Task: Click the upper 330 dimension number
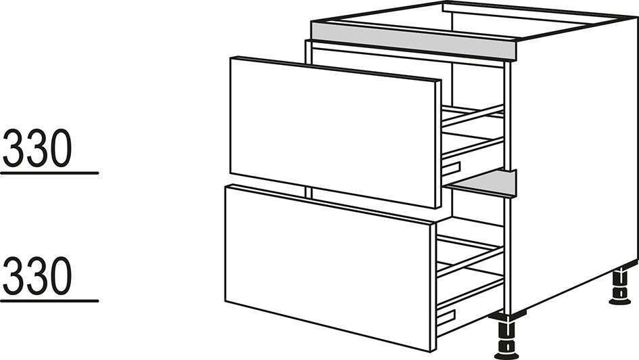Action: click(x=37, y=148)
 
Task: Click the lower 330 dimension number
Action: click(x=37, y=275)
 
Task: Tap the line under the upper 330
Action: click(x=49, y=173)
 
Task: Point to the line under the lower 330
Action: click(x=49, y=301)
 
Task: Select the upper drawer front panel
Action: click(x=335, y=133)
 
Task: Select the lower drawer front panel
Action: click(x=330, y=267)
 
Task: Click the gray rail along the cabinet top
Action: click(x=413, y=39)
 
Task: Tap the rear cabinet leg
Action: click(x=620, y=287)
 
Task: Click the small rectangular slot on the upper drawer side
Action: click(x=451, y=168)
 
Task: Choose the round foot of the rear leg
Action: click(x=620, y=301)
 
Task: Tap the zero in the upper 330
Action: click(x=60, y=148)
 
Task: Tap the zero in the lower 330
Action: click(x=60, y=275)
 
